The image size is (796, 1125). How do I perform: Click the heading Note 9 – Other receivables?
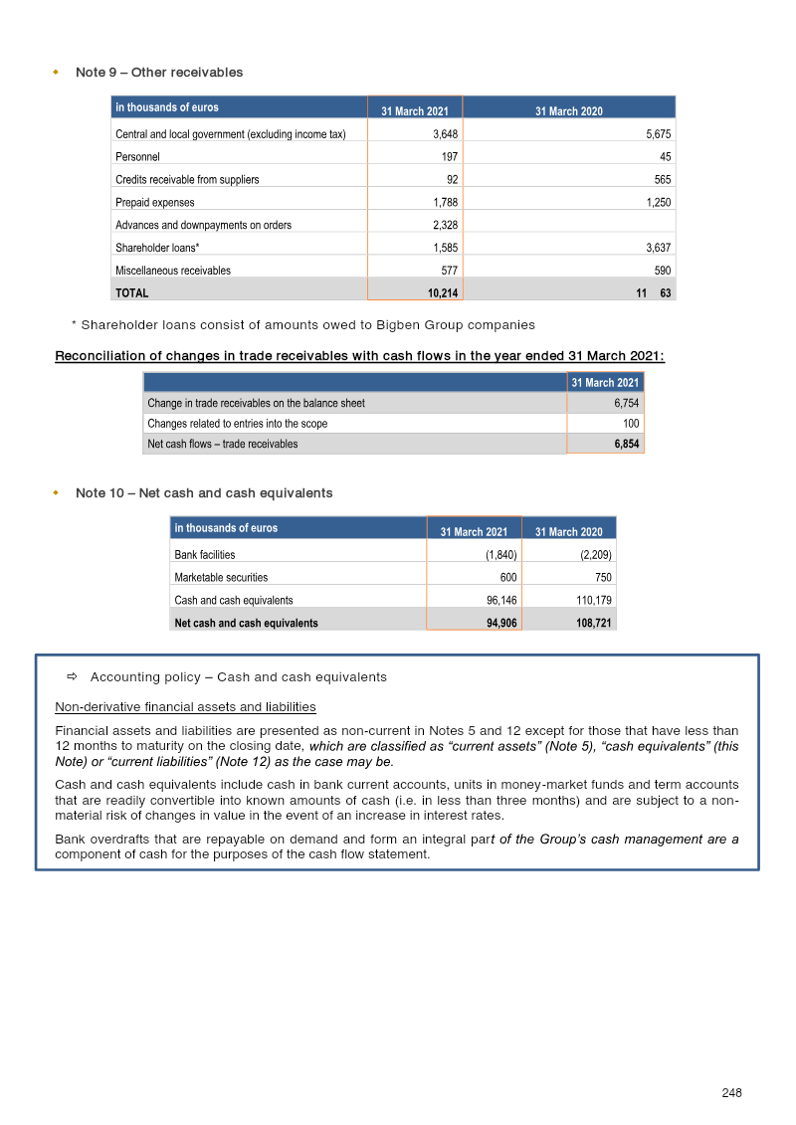(x=159, y=73)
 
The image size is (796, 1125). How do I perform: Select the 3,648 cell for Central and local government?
(x=444, y=134)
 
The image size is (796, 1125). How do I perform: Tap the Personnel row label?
(x=137, y=157)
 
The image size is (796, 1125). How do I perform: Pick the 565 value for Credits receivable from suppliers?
(x=661, y=180)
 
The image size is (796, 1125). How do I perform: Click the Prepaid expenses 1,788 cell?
(x=444, y=203)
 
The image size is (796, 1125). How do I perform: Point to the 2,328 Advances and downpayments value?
(x=444, y=226)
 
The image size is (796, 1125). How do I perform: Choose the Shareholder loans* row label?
(x=157, y=248)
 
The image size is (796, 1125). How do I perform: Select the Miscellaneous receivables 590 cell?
(x=661, y=271)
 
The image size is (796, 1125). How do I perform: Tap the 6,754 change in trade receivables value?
(x=623, y=403)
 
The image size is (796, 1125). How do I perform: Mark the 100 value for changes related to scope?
(x=629, y=424)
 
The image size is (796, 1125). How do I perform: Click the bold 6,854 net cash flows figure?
(x=623, y=444)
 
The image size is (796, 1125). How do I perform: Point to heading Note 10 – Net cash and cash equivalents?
(x=204, y=493)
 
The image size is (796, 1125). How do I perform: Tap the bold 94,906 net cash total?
(x=495, y=624)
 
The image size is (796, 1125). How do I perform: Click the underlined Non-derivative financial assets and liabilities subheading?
(x=185, y=707)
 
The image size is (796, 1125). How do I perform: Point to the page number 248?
(x=731, y=1093)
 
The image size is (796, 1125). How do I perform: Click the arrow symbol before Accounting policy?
(x=72, y=677)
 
